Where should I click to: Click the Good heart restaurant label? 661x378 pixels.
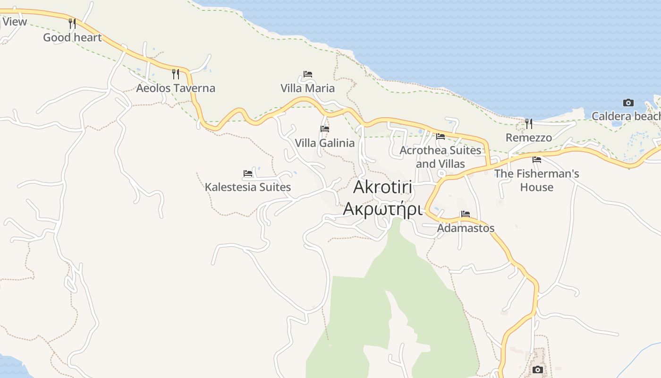coord(72,37)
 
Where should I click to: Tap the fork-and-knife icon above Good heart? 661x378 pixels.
coord(72,23)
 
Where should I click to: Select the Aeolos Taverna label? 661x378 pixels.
coord(176,88)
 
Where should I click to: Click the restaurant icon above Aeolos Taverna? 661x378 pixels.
coord(176,74)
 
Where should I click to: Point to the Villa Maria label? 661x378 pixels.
coord(307,88)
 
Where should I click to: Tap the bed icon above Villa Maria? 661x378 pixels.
coord(308,74)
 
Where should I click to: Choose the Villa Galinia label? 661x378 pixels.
coord(324,143)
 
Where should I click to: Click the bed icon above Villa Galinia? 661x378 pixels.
coord(325,129)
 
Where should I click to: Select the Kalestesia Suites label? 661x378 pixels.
coord(248,187)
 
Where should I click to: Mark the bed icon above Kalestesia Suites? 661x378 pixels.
coord(248,173)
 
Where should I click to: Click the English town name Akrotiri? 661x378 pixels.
coord(382,187)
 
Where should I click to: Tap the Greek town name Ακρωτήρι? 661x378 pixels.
coord(382,208)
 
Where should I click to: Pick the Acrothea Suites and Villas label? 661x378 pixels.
coord(441,157)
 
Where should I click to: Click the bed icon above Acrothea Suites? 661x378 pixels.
coord(441,137)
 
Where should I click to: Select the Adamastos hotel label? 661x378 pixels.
coord(466,228)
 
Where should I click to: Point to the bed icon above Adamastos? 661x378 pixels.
coord(466,214)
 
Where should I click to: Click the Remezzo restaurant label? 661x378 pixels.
coord(529,137)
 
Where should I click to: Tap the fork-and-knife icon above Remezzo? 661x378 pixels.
coord(529,124)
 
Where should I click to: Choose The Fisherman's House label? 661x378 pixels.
coord(537,180)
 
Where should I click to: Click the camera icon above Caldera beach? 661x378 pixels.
coord(628,103)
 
